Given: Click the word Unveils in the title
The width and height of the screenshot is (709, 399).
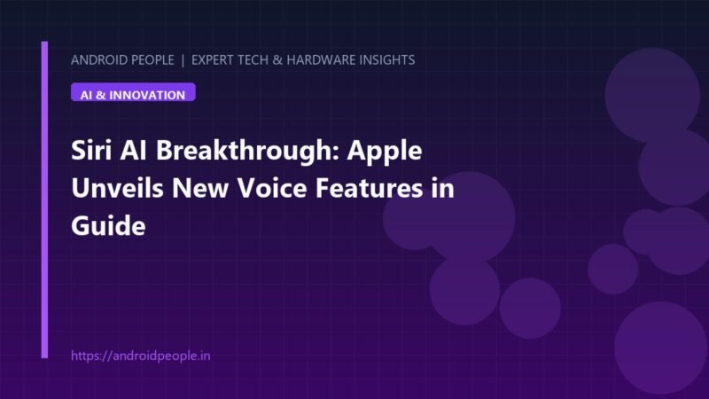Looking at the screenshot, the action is point(117,188).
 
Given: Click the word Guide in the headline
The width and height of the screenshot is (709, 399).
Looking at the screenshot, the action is point(108,225).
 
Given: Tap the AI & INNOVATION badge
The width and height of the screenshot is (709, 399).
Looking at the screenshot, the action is point(133,92).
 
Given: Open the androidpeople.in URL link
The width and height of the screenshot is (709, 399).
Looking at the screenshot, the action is point(141,356).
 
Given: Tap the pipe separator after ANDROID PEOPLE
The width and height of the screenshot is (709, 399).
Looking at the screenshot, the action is point(183,60).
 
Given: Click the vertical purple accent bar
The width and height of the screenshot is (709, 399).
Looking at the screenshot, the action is point(44,199).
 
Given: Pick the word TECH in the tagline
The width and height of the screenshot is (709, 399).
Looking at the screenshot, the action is point(253,60).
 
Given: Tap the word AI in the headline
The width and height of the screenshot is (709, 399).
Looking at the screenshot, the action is point(134,150).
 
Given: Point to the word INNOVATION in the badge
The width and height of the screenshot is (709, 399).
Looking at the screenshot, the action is point(147,96).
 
